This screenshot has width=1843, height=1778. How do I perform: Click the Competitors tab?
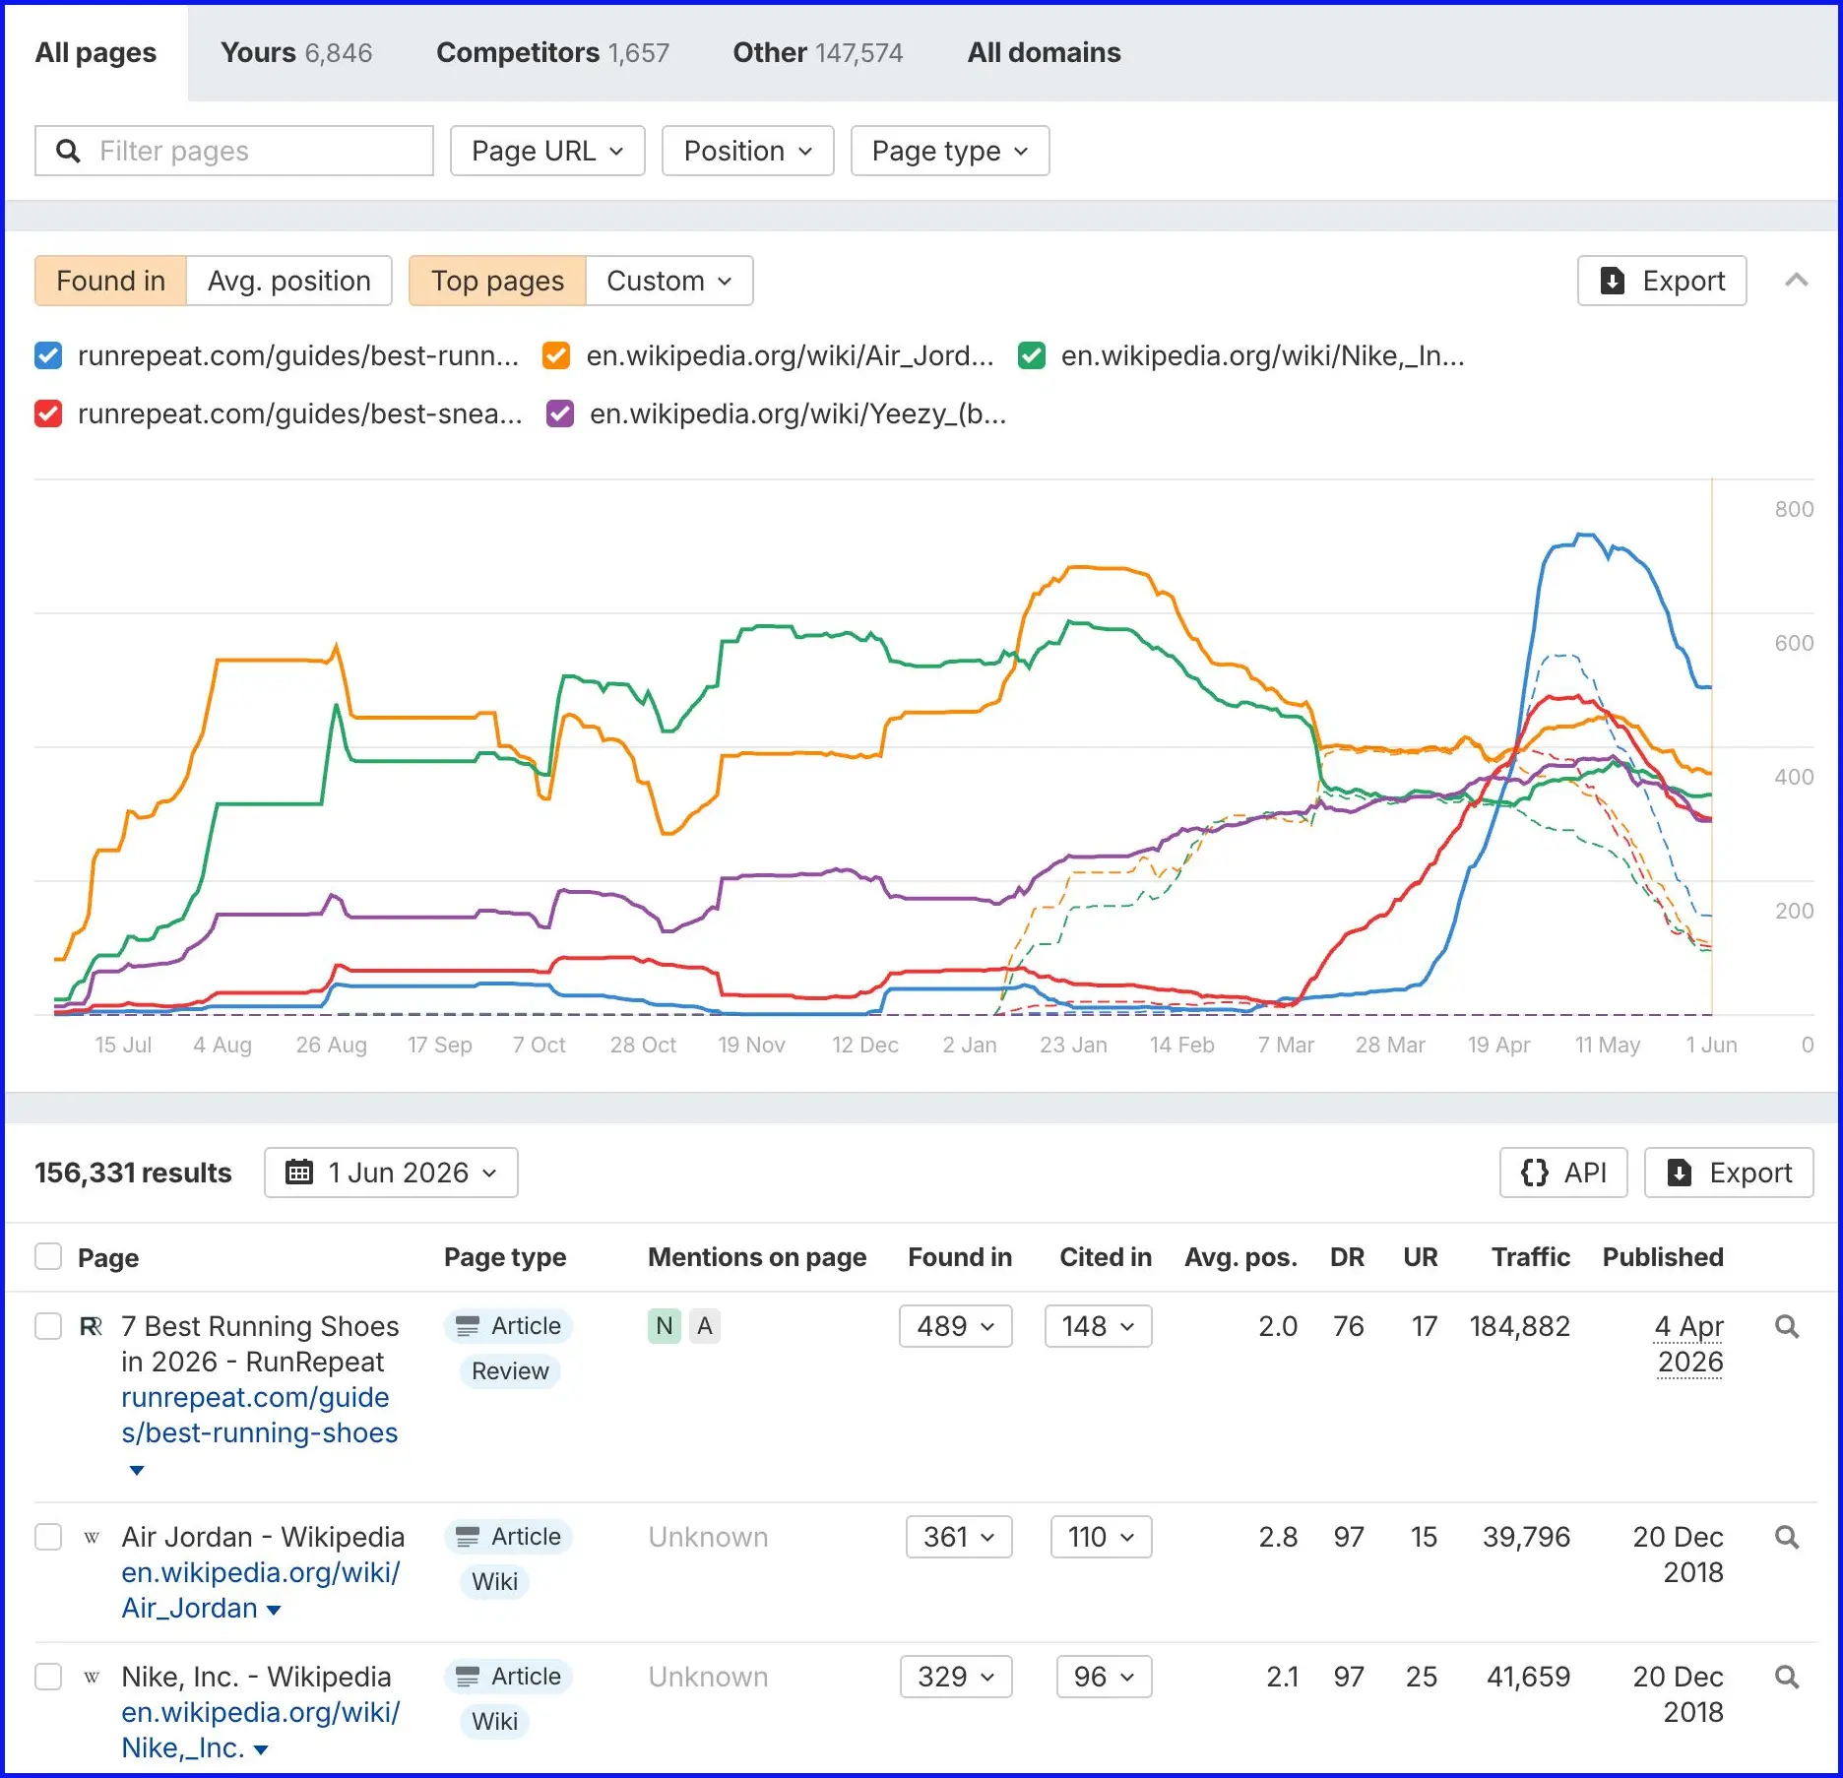tap(552, 52)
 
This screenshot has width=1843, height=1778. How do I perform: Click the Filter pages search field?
tap(234, 151)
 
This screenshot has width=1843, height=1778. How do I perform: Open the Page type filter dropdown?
tap(950, 151)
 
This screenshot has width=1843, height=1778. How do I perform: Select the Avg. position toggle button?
tap(289, 281)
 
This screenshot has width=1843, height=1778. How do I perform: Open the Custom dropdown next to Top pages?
tap(669, 281)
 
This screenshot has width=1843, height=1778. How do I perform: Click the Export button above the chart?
tap(1662, 281)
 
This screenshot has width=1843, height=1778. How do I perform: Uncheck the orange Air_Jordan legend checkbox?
tap(556, 355)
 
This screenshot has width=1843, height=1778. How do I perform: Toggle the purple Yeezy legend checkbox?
tap(560, 413)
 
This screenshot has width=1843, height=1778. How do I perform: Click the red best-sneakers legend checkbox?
tap(48, 413)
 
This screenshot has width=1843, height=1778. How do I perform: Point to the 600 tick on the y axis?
tap(1794, 643)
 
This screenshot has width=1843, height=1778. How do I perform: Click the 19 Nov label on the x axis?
tap(751, 1045)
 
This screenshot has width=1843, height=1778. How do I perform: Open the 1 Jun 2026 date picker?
tap(391, 1173)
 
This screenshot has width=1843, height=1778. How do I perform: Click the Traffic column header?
tap(1530, 1257)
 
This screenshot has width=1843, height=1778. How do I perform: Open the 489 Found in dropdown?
tap(956, 1326)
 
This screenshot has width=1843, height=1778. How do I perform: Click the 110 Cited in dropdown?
tap(1101, 1537)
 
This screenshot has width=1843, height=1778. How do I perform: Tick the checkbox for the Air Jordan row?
tap(48, 1537)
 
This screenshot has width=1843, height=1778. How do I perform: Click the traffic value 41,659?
tap(1528, 1677)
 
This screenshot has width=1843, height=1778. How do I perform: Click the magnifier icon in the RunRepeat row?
tap(1787, 1326)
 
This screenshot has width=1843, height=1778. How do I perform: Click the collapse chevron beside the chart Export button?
tap(1797, 281)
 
